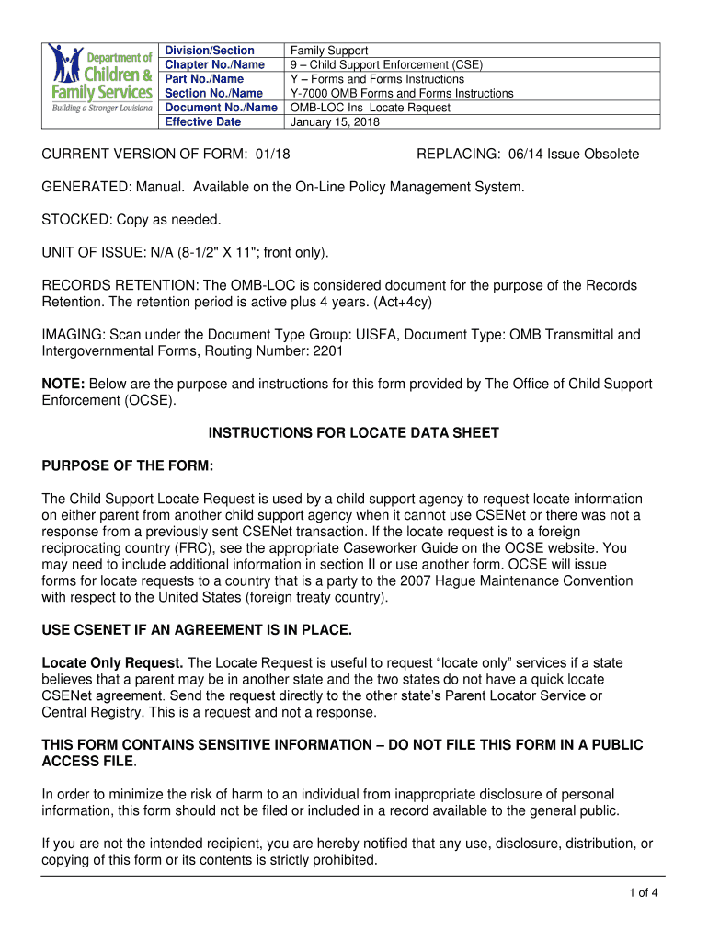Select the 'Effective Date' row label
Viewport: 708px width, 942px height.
[202, 121]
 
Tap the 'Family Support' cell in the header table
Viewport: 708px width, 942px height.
[329, 51]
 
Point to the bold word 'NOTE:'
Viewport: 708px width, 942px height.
[63, 384]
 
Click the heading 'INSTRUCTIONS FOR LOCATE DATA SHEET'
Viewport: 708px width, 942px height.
[353, 432]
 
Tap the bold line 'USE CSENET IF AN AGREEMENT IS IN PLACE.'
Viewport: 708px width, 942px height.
[197, 630]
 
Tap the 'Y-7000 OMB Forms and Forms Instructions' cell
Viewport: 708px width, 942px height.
[402, 93]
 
